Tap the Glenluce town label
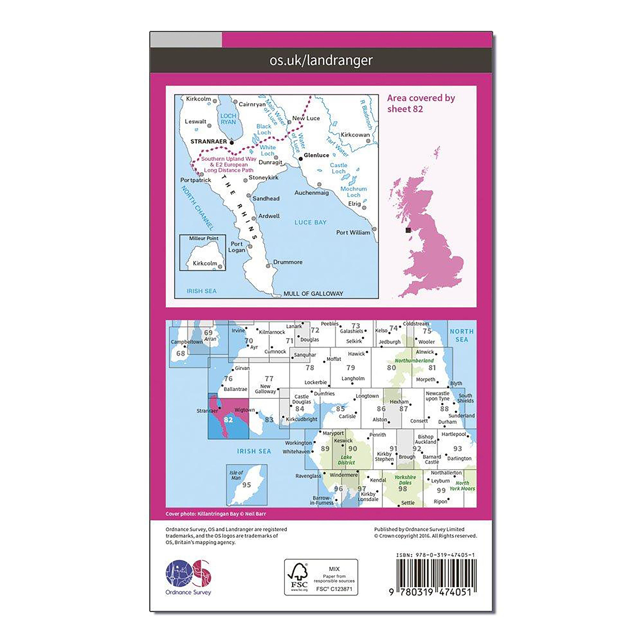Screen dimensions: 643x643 (316, 155)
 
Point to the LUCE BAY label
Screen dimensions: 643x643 (310, 222)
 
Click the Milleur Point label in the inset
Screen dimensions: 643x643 (204, 238)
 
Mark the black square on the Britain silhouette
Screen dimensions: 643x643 (408, 230)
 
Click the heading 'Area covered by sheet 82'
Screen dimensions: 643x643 (421, 103)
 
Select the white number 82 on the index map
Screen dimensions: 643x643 (228, 420)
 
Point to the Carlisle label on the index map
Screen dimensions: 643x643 (347, 416)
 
